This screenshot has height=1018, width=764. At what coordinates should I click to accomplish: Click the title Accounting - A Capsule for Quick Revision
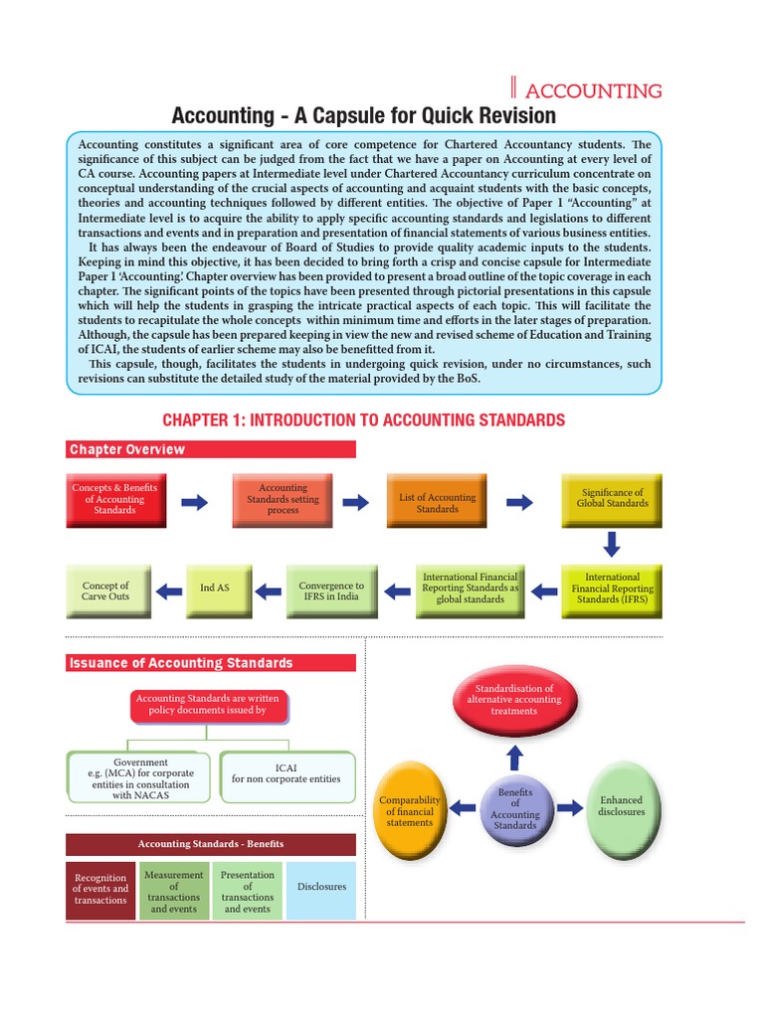click(x=364, y=116)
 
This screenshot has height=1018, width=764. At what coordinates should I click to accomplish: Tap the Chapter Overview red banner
click(x=210, y=449)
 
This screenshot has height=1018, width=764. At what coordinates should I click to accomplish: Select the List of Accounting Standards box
click(x=437, y=503)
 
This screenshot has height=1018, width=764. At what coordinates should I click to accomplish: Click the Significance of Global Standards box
click(x=612, y=498)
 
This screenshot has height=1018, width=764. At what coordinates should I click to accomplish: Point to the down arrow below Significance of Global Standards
click(x=612, y=544)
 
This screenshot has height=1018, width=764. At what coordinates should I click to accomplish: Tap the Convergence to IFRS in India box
click(x=331, y=592)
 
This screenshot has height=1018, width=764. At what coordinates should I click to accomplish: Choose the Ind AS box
click(x=214, y=589)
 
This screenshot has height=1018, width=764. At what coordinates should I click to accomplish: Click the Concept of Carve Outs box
click(x=105, y=592)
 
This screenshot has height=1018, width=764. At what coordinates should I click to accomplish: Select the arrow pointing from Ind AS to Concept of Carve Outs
click(x=170, y=590)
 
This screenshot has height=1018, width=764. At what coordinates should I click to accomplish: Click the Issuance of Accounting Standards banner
click(x=210, y=663)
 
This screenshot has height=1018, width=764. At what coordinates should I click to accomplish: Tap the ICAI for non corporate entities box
click(x=286, y=773)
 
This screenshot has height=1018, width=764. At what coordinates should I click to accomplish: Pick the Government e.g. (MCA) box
click(x=140, y=778)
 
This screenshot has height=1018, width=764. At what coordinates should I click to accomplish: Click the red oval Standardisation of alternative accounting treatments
click(x=513, y=700)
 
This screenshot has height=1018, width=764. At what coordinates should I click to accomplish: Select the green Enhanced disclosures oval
click(x=621, y=806)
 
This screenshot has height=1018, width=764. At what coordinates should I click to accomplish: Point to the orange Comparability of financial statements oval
click(x=410, y=810)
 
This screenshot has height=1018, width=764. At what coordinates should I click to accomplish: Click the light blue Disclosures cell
click(x=321, y=887)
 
